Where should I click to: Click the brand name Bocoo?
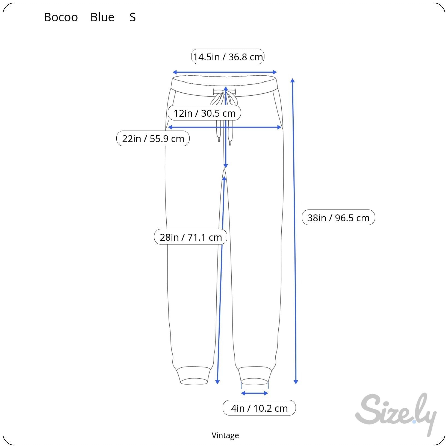[x=61, y=17]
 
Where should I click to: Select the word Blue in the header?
[x=102, y=17]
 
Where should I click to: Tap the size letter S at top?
[x=133, y=17]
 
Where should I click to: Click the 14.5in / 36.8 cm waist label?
[x=228, y=57]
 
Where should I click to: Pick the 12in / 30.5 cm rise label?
[x=204, y=113]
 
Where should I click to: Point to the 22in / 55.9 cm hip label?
[x=153, y=138]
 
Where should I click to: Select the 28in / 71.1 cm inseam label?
[x=191, y=237]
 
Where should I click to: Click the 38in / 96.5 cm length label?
[x=338, y=217]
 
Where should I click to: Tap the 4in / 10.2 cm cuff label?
[x=259, y=408]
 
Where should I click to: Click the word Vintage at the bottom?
[x=225, y=435]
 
